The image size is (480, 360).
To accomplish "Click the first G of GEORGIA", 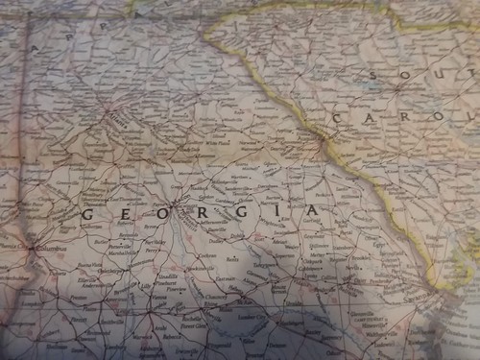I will tap(87, 214).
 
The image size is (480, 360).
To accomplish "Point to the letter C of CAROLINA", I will tap(339, 117).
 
